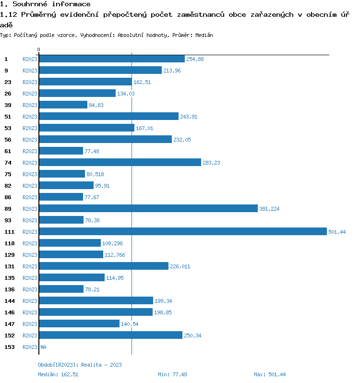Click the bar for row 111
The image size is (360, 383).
click(x=182, y=232)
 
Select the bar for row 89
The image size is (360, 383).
click(x=148, y=209)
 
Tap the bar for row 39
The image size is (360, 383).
click(x=63, y=105)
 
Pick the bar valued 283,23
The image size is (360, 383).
click(x=120, y=163)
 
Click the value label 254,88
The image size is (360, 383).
click(x=195, y=59)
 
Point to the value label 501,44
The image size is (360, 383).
click(x=337, y=232)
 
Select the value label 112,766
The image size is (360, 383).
click(x=115, y=255)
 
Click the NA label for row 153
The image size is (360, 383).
click(x=43, y=347)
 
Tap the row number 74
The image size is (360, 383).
click(x=8, y=163)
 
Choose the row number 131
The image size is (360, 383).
click(x=10, y=266)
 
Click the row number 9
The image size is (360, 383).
click(x=6, y=71)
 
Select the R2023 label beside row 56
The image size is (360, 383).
click(x=30, y=140)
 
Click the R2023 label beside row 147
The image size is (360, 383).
click(x=30, y=324)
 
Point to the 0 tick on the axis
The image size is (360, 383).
click(x=39, y=49)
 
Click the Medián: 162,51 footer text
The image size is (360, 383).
click(x=58, y=374)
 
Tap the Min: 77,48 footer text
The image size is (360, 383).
click(x=172, y=374)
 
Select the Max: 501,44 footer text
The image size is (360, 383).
click(x=270, y=374)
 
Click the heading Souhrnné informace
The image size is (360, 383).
click(x=45, y=4)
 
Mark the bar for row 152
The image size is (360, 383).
click(x=110, y=335)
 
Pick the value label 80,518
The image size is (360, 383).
click(x=95, y=174)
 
